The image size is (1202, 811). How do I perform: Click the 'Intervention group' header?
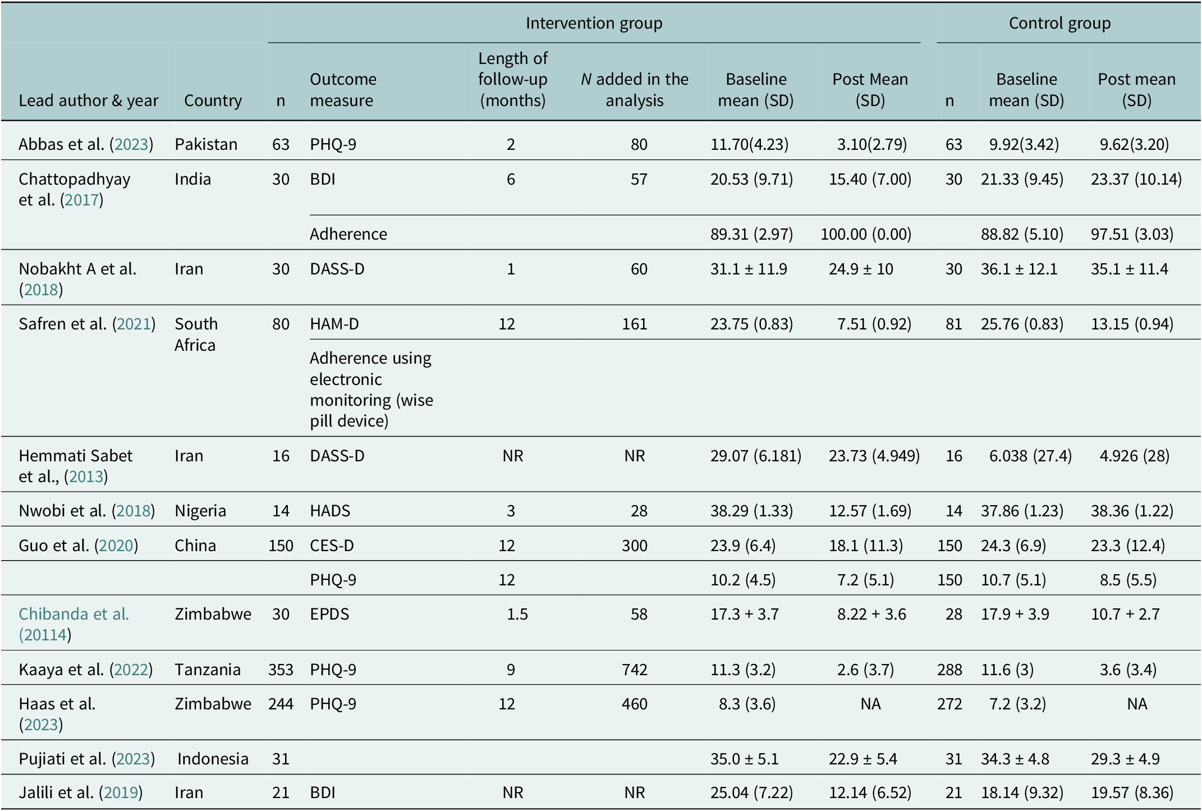pos(594,23)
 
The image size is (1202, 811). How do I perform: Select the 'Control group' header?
pos(1059,23)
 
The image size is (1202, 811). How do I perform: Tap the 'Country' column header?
pos(213,100)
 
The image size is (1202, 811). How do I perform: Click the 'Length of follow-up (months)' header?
pos(512,79)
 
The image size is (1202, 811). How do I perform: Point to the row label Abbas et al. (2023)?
pos(86,144)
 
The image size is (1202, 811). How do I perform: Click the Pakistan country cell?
pos(206,144)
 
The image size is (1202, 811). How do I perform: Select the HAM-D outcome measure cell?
pos(334,324)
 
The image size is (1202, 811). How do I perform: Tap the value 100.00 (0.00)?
pos(866,234)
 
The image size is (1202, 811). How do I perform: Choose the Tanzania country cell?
pos(208,670)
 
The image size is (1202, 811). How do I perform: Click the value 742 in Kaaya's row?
pos(635,670)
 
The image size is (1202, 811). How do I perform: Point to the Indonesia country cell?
pos(213,759)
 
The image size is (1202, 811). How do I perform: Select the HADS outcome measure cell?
pos(330,511)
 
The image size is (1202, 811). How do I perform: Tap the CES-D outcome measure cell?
pos(332,546)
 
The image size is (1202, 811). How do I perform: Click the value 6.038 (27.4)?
pos(1030,456)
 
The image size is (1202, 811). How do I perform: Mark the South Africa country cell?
pos(196,335)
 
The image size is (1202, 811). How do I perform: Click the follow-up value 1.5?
pos(517,614)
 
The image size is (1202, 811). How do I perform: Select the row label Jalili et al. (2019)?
pos(81,792)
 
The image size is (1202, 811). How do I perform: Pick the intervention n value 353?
pos(281,670)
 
